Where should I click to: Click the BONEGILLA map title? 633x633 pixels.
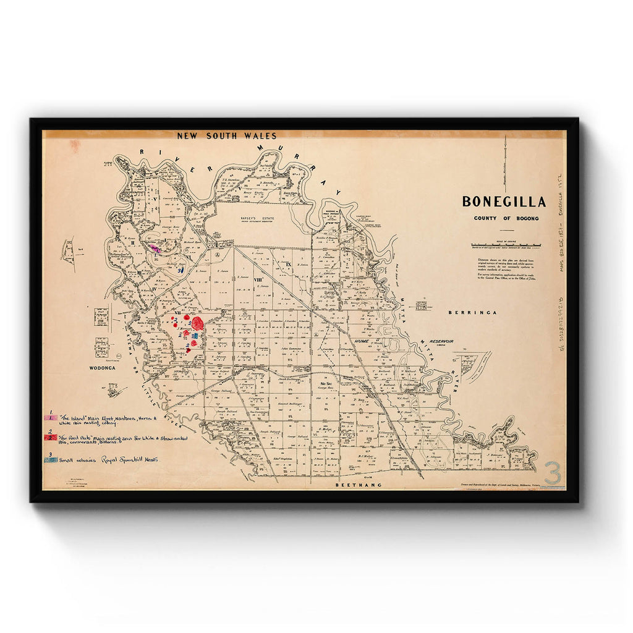click(x=504, y=202)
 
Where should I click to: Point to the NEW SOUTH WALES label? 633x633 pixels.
click(x=227, y=135)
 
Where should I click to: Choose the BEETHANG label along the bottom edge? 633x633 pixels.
click(x=358, y=485)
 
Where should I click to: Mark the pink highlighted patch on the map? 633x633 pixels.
click(x=155, y=249)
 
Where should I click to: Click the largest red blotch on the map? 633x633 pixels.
click(x=198, y=323)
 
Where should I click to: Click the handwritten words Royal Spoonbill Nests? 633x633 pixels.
click(x=129, y=459)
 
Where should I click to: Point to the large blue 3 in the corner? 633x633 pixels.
click(x=552, y=474)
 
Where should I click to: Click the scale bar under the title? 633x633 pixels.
click(x=505, y=245)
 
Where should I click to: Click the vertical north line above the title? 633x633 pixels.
click(x=505, y=164)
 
